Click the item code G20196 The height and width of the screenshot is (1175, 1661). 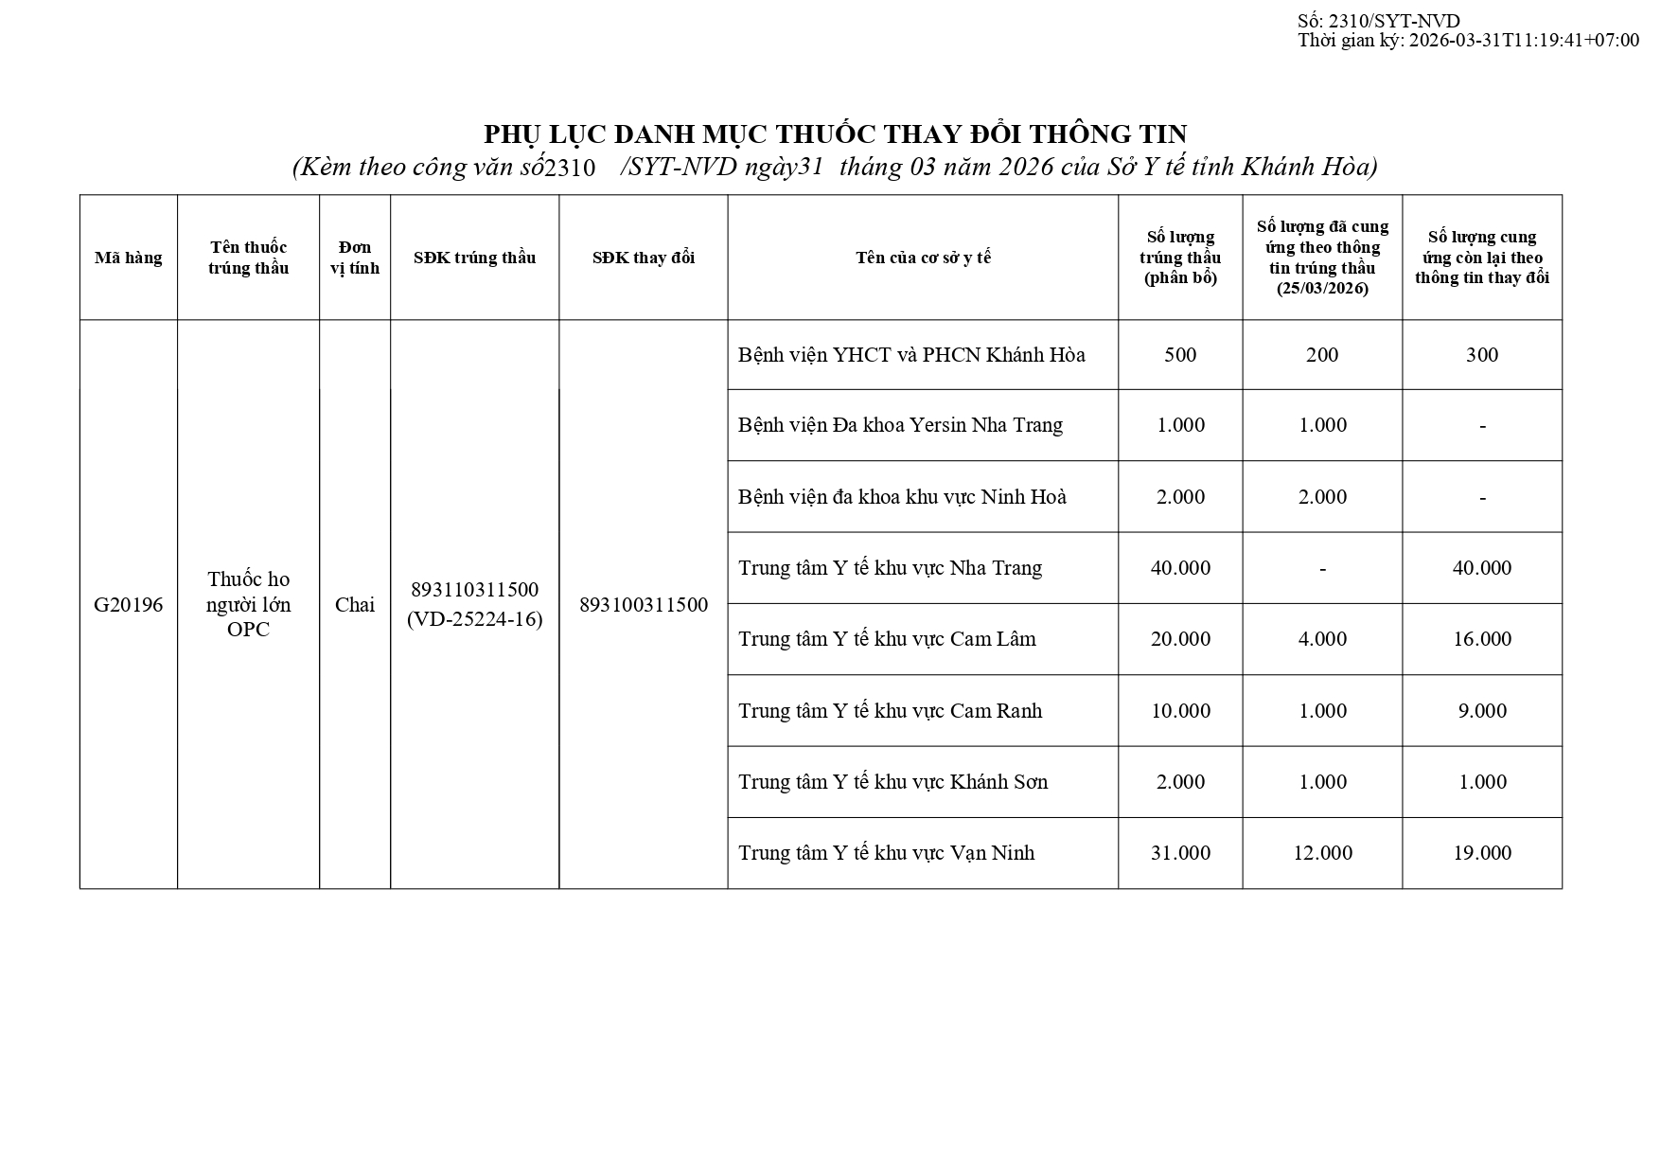point(128,605)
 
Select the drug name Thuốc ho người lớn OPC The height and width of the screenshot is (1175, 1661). point(248,604)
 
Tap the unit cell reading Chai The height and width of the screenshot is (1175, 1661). point(355,605)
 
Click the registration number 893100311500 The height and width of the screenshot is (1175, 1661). point(644,605)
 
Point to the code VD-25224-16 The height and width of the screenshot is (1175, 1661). point(474,620)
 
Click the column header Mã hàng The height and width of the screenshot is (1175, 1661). point(128,258)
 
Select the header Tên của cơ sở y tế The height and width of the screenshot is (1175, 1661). point(923,258)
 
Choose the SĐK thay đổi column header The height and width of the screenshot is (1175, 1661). point(644,258)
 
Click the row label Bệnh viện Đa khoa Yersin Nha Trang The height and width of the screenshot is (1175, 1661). point(900,425)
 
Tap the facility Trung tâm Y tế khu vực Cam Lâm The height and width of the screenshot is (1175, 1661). point(887,639)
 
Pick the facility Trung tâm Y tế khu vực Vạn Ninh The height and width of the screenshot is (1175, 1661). point(886,853)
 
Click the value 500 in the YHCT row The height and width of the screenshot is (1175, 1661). point(1180,355)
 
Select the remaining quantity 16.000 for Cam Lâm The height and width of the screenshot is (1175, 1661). point(1482,639)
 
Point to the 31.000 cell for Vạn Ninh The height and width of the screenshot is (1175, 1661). point(1180,853)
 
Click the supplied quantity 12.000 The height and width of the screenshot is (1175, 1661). point(1322,853)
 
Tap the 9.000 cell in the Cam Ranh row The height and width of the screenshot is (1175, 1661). point(1482,711)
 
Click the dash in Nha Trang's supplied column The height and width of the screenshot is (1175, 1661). point(1322,568)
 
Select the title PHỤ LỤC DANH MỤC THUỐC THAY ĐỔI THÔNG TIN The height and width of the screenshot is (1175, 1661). point(836,134)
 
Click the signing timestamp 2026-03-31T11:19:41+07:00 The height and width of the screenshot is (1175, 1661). point(1524,40)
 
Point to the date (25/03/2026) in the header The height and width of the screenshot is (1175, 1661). point(1322,289)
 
